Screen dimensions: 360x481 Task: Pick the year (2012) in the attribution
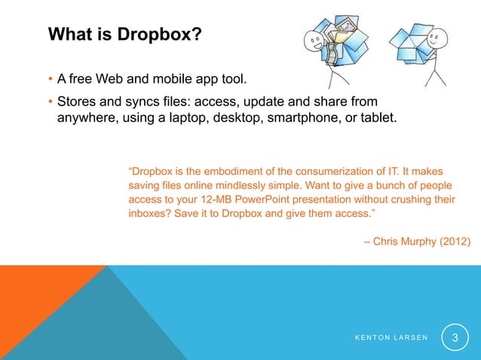tap(454, 241)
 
